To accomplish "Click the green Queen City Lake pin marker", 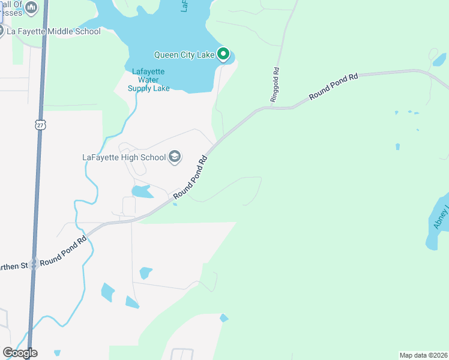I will click(224, 55).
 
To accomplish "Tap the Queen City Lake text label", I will click(184, 55).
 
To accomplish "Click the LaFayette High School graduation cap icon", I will click(175, 157).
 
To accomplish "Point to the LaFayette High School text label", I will click(124, 158).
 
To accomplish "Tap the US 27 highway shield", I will click(40, 124).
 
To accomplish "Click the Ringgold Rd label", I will click(276, 84).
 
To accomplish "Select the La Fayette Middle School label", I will click(54, 31).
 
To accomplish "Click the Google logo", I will click(20, 353).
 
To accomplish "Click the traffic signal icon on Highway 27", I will click(34, 263).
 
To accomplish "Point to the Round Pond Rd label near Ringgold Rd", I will click(333, 86).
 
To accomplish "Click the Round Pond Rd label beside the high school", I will click(190, 178).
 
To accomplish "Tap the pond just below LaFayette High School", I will click(142, 192).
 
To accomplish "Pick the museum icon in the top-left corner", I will click(32, 7).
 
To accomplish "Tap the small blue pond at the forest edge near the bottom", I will click(224, 318).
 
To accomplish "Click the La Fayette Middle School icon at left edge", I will click(1, 31).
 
